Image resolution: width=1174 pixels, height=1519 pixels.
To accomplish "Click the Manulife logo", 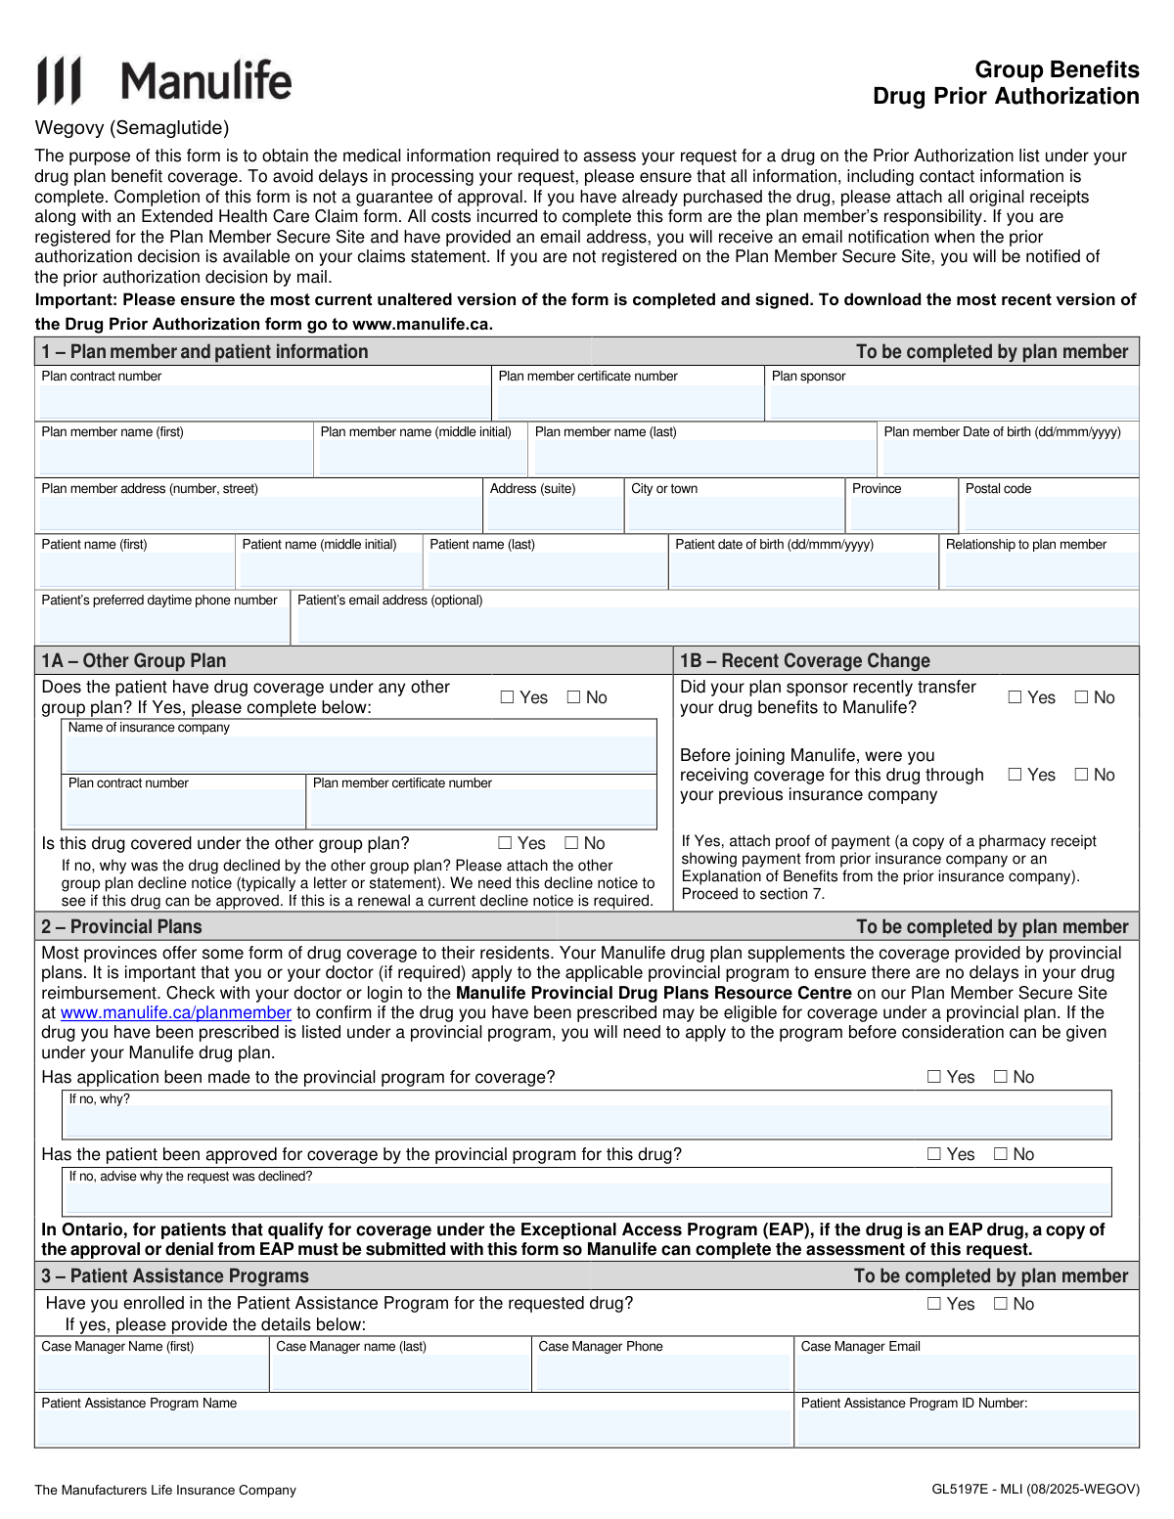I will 164,80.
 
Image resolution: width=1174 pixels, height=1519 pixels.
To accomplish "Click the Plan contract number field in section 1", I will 263,402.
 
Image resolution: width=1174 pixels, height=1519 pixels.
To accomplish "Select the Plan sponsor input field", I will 953,402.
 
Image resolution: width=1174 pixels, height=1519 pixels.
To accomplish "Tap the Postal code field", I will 1050,514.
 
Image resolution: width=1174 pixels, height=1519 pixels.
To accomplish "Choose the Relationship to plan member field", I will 1041,570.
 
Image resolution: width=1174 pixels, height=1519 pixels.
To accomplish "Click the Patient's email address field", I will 717,626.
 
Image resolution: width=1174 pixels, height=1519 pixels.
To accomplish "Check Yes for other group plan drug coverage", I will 508,697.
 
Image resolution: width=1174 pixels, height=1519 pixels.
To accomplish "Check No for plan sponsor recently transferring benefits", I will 1081,697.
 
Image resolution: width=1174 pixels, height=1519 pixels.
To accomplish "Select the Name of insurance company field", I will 359,754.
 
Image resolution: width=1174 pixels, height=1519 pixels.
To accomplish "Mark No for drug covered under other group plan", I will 572,843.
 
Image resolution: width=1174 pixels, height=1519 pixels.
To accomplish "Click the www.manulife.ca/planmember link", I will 176,1013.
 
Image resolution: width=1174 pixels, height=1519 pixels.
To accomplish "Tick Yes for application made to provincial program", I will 934,1077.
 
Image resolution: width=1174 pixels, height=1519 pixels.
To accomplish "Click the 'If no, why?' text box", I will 587,1121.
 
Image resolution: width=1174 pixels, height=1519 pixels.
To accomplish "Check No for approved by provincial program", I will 1001,1154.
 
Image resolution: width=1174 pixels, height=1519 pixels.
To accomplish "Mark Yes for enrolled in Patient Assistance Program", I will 934,1304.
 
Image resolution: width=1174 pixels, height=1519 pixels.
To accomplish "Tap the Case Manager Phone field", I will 662,1372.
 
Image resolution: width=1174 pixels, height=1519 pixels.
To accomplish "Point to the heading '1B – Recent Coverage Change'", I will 805,661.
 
